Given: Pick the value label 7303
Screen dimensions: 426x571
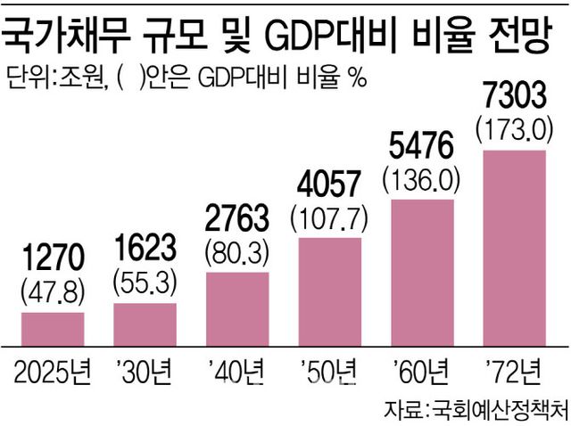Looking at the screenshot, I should pos(513,94).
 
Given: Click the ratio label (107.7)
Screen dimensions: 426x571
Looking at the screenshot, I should pos(329,217).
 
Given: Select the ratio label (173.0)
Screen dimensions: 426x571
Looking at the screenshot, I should pos(513,127).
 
